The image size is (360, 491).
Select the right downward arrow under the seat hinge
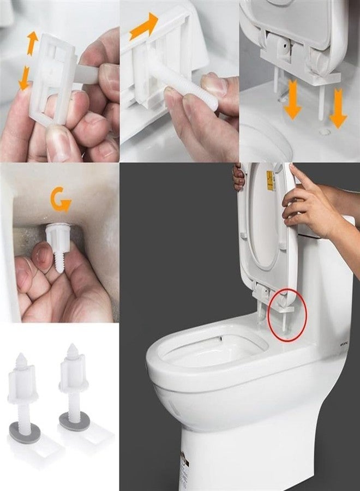[338, 113]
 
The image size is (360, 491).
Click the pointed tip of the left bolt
[21, 358]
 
